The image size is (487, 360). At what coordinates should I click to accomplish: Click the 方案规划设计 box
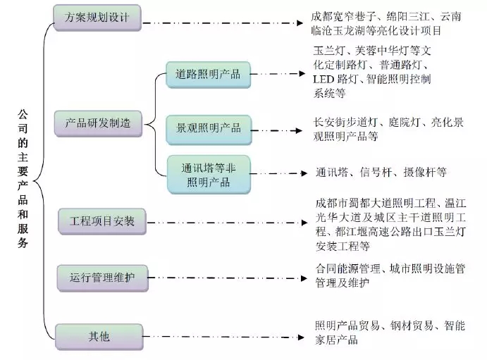tap(97, 16)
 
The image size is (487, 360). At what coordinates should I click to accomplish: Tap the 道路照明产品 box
tap(208, 74)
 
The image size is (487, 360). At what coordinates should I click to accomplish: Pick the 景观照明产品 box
tap(208, 128)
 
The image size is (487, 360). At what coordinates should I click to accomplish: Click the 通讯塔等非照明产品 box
tap(208, 175)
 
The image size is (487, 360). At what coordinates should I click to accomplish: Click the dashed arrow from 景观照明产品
tap(278, 128)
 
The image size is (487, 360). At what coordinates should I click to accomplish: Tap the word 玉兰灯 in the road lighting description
tap(329, 51)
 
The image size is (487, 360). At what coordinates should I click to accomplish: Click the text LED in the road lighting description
tap(323, 79)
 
